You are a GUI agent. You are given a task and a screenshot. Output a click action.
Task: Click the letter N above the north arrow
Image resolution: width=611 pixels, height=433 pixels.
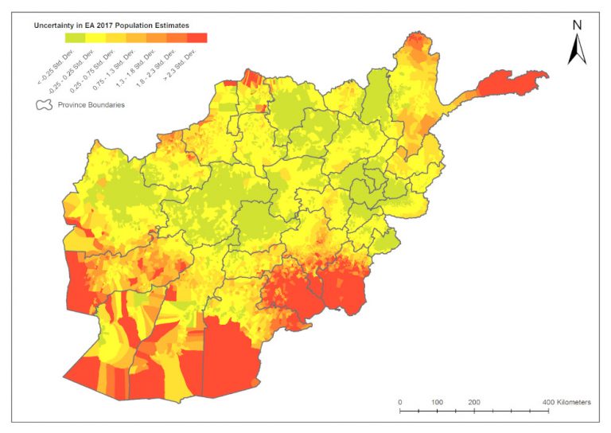pyautogui.click(x=577, y=25)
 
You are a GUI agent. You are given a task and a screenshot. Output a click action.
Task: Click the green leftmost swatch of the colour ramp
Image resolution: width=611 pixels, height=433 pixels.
pyautogui.click(x=76, y=37)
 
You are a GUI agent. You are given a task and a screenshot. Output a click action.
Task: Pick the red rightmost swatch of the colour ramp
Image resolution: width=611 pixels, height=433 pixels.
pyautogui.click(x=197, y=37)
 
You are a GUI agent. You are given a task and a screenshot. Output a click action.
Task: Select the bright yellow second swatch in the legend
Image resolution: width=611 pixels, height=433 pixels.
pyautogui.click(x=96, y=37)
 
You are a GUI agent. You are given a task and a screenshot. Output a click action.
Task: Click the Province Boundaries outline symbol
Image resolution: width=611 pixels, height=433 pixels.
pyautogui.click(x=45, y=104)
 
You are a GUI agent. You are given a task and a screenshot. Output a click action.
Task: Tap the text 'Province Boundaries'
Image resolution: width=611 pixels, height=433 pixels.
pyautogui.click(x=91, y=104)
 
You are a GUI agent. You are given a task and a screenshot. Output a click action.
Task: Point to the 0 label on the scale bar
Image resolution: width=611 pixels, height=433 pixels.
pyautogui.click(x=399, y=403)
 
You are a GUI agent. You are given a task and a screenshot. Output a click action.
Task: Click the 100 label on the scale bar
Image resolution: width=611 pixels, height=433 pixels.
pyautogui.click(x=437, y=403)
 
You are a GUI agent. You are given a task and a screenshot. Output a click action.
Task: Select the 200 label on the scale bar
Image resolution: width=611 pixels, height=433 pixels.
pyautogui.click(x=474, y=403)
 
